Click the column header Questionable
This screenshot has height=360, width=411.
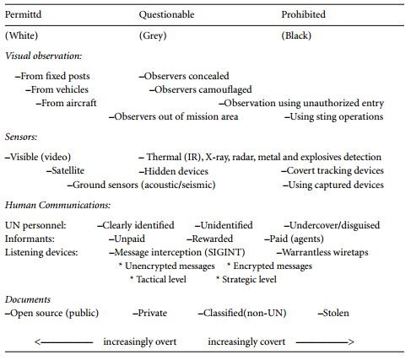coord(166,14)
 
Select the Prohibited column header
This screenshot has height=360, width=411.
coord(303,14)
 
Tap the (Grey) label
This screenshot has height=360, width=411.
coord(153,35)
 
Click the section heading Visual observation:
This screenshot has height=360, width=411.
coord(44,56)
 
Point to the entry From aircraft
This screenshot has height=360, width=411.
coord(67,103)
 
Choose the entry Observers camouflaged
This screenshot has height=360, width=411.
coord(201,89)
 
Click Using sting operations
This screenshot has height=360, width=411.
coord(334,116)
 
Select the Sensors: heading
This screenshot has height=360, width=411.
coord(21,137)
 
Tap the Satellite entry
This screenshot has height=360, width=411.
coord(66,170)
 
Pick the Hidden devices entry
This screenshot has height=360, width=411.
coord(174,171)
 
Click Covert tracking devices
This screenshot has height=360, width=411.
coord(333,170)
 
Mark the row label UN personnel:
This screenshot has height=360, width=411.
coord(35,225)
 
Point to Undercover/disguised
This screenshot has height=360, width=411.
coord(332,225)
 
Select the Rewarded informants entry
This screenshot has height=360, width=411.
coord(210,239)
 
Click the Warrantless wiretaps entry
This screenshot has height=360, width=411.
coord(322,252)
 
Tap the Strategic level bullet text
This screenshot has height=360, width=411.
coord(246,280)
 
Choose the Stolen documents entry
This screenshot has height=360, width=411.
coord(333,313)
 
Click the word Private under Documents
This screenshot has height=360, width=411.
coord(149,313)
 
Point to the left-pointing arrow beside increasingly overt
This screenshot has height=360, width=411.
coord(63,342)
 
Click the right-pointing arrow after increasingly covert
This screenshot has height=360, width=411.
coord(325,342)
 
